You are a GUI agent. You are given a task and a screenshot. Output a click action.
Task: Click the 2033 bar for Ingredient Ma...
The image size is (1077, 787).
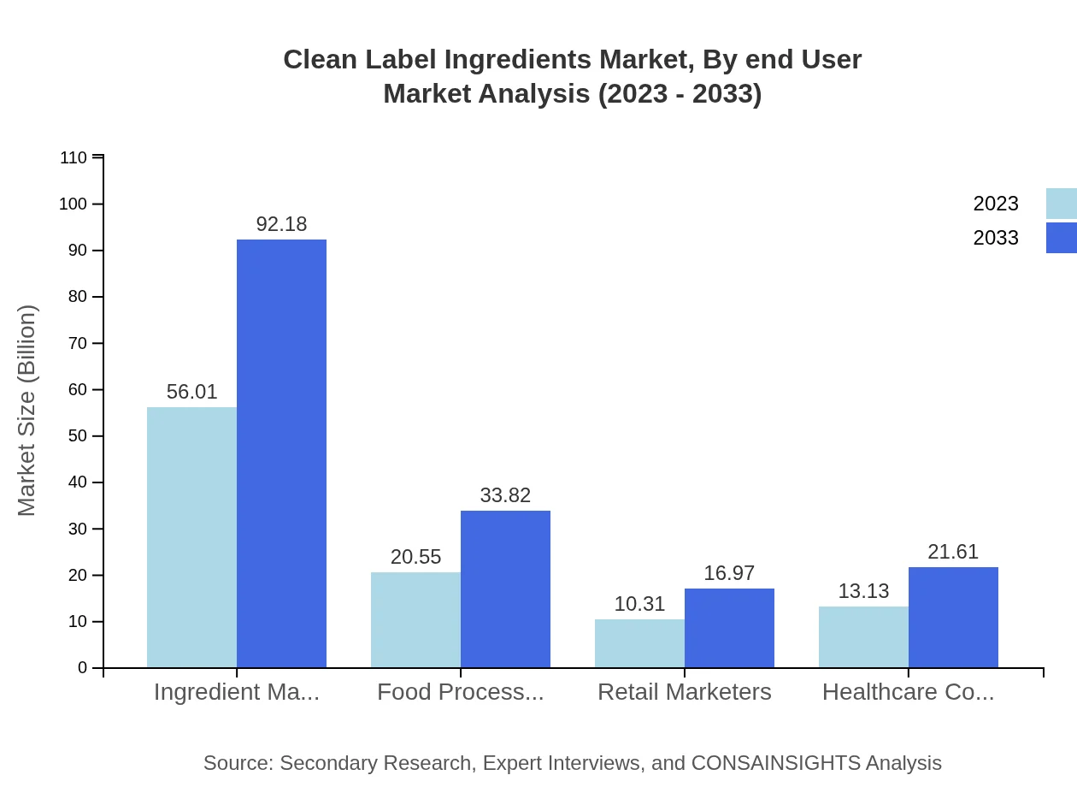coord(281,453)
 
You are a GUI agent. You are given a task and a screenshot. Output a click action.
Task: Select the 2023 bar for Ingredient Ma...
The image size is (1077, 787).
coord(191,537)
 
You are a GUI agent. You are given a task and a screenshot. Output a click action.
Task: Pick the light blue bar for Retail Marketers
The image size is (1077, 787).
coord(639,643)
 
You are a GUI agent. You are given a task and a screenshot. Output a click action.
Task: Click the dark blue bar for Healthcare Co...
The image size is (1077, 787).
coord(953,617)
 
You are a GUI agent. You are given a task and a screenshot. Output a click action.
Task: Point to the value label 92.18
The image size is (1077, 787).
coord(281,224)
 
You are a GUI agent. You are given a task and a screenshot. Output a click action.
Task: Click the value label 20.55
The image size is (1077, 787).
coord(415,557)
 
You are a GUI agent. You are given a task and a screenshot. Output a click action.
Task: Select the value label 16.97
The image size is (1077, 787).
coord(729,573)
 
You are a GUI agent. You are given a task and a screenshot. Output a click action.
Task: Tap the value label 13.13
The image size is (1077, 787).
coord(863,591)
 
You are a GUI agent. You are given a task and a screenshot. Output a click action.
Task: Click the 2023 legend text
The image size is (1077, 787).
coord(996,204)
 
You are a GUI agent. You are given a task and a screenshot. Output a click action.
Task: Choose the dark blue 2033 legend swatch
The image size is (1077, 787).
coord(1061,238)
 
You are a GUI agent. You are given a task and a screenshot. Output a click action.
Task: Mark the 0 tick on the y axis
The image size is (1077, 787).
coord(83,668)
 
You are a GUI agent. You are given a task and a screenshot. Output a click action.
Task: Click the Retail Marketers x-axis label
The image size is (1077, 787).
coord(684,692)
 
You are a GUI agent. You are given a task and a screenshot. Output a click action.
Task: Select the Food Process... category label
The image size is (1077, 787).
coord(460,692)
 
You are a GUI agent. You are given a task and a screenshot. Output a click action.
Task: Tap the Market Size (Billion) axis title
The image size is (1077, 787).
coord(26,411)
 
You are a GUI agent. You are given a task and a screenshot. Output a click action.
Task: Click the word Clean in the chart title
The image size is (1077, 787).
coord(317,60)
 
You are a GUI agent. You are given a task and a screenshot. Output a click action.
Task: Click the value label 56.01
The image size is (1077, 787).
coord(191,392)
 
